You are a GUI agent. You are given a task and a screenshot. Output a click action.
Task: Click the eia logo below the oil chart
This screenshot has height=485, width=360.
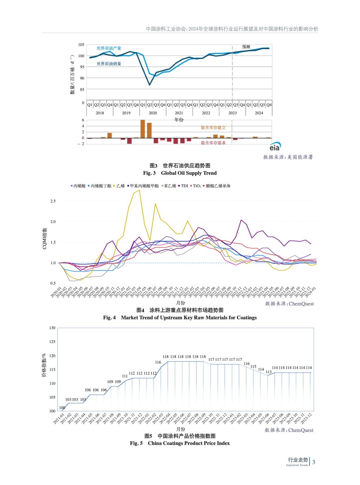275,147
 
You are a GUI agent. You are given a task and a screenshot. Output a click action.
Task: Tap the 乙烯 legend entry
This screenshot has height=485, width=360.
120,186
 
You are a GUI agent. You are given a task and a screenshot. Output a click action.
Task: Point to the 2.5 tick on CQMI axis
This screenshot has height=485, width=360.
53,201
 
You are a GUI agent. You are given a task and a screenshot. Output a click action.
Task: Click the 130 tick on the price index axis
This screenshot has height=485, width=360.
52,328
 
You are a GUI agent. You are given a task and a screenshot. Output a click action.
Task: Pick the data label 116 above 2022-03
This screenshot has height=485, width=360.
158,362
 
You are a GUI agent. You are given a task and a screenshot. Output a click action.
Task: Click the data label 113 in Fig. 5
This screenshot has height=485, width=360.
268,372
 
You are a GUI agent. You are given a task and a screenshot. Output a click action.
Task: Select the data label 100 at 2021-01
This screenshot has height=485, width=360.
62,408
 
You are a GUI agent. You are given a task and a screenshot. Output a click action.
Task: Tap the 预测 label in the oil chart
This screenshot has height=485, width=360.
246,47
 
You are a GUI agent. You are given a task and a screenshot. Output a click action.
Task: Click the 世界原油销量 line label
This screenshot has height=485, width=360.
109,64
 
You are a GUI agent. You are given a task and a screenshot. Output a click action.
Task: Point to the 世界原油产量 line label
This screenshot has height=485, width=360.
109,48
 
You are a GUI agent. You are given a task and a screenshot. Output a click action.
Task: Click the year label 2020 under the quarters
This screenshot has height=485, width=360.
153,113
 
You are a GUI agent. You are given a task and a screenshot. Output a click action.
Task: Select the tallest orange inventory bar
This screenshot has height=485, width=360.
143,129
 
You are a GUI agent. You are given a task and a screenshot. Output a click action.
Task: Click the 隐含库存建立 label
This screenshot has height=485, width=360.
213,128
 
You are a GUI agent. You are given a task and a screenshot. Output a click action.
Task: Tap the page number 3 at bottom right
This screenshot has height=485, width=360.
314,462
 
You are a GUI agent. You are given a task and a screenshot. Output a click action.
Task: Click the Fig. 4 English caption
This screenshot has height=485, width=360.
180,317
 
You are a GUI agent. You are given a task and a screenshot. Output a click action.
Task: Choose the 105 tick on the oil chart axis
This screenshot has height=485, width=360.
81,45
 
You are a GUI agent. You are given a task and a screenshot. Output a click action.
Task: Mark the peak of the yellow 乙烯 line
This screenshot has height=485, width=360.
139,190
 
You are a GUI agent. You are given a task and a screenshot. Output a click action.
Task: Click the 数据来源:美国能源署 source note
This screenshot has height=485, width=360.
288,157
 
